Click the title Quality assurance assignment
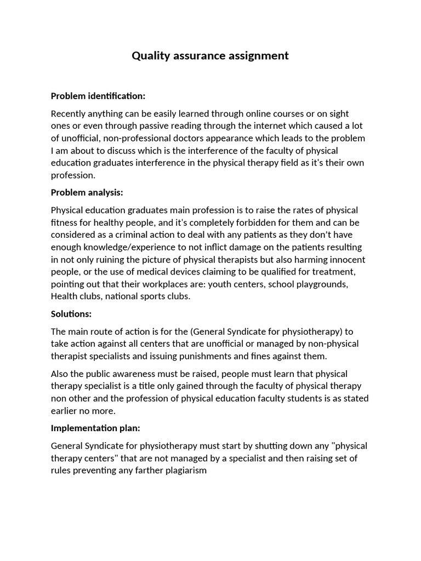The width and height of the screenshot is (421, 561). click(210, 55)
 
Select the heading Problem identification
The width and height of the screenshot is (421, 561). click(98, 96)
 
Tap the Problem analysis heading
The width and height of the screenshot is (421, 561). click(87, 192)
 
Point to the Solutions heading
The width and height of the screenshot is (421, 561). click(71, 314)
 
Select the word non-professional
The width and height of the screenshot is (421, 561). click(149, 138)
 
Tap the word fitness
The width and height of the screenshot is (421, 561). click(65, 222)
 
